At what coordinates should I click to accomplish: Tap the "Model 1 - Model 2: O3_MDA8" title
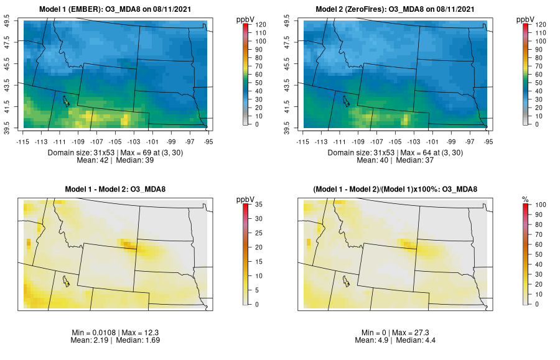point(118,189)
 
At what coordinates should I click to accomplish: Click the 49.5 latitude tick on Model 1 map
point(9,24)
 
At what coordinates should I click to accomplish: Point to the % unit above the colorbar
point(525,199)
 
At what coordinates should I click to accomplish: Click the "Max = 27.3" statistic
point(418,333)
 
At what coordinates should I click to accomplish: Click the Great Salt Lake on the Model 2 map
point(346,100)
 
